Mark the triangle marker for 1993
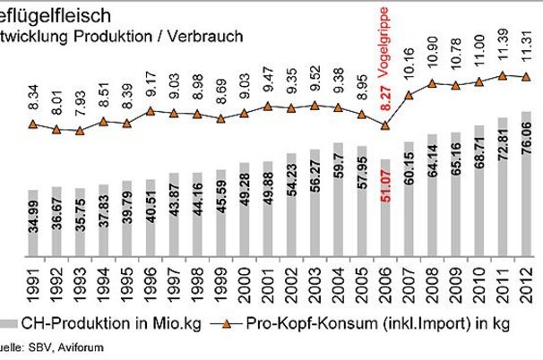(x=81, y=131)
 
